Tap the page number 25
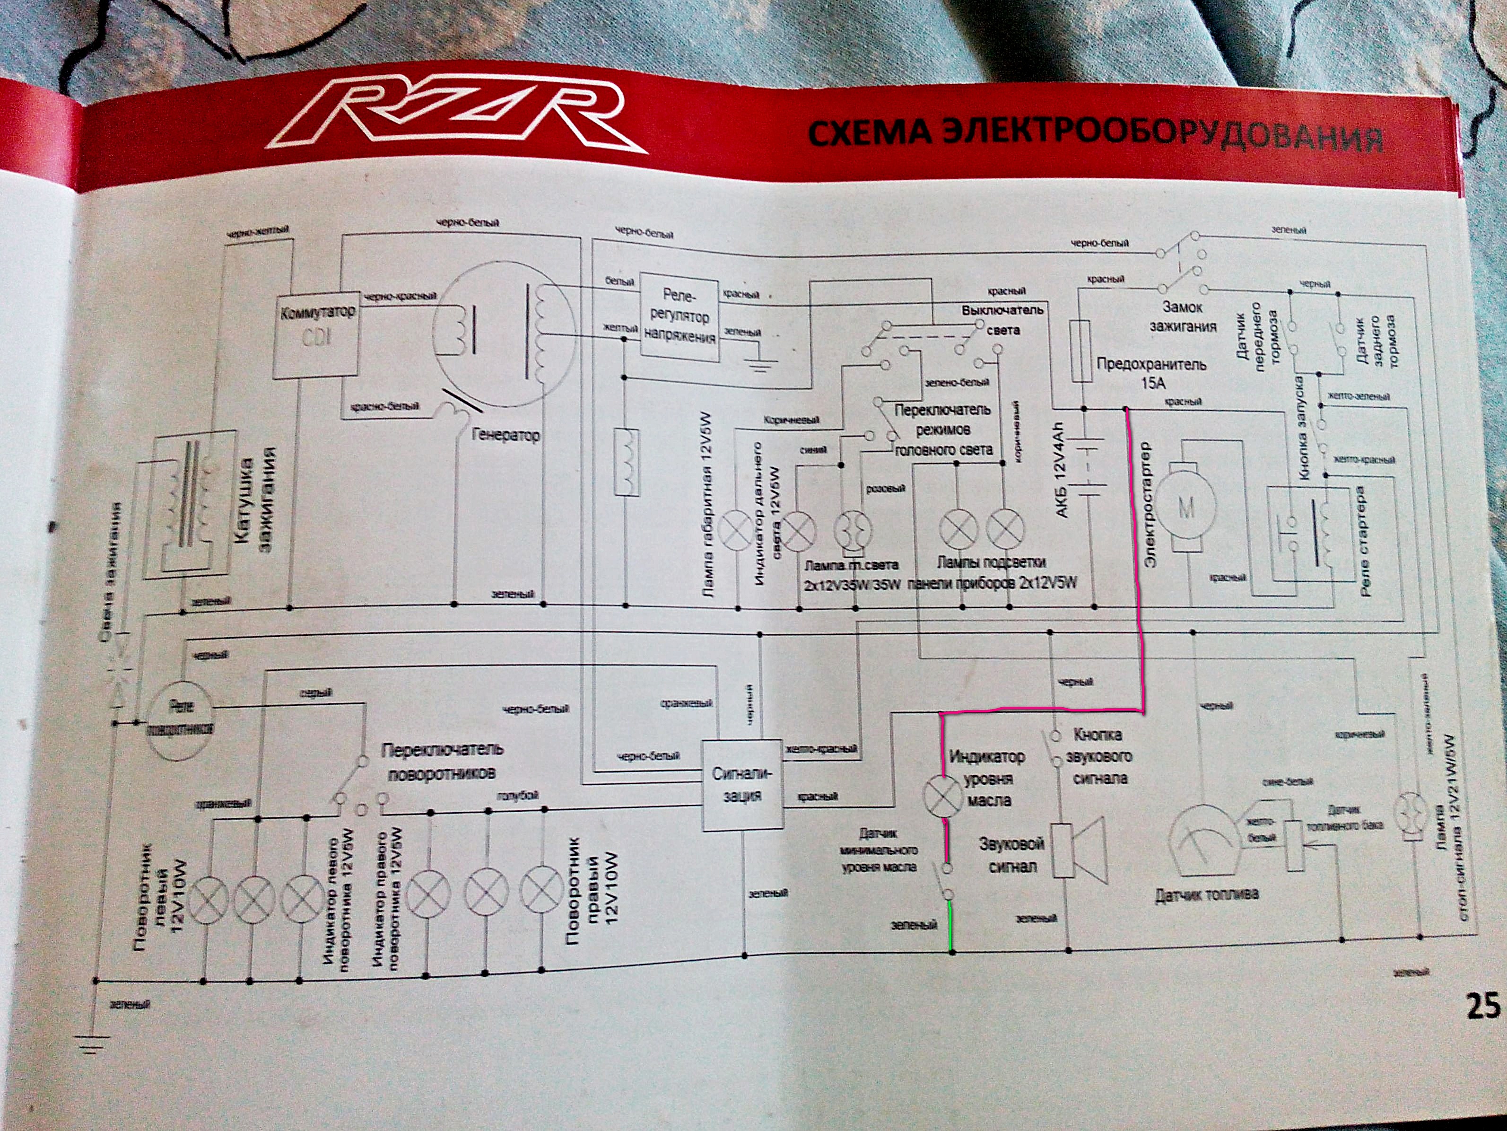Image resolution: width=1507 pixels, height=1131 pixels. tap(1484, 1005)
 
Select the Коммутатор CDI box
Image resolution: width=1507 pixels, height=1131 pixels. tap(315, 337)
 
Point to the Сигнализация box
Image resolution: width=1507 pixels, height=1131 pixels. tap(742, 785)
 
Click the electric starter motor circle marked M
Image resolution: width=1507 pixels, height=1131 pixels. tap(1186, 507)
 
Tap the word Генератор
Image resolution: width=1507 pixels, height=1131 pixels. tap(505, 435)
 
